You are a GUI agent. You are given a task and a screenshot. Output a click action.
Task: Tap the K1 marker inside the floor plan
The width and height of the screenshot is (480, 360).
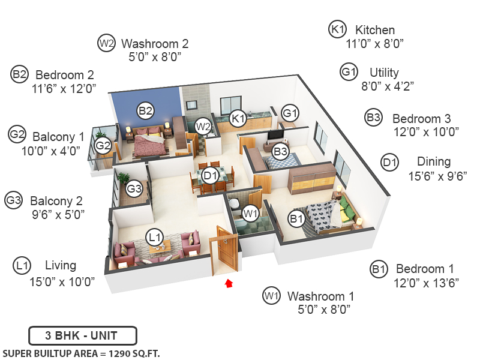tap(238, 118)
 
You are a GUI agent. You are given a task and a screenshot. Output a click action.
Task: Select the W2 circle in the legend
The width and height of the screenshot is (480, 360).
tap(107, 43)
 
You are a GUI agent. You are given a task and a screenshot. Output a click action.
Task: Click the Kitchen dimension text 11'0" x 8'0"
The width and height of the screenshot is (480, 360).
tap(375, 43)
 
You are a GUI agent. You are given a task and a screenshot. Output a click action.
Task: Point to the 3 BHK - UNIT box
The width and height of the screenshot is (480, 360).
tap(82, 335)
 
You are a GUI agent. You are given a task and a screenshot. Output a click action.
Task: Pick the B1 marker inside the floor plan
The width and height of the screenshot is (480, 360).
tap(296, 220)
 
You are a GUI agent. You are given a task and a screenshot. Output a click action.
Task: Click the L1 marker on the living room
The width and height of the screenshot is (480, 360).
tap(155, 238)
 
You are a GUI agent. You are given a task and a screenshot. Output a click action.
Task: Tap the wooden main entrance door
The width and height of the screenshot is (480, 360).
tap(227, 252)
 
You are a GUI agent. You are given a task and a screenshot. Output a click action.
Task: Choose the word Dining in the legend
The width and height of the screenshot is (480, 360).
tap(434, 161)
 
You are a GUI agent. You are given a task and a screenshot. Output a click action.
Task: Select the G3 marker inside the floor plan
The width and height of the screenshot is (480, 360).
tap(134, 190)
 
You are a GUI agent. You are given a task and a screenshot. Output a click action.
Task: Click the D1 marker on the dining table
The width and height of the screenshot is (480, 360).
tap(210, 176)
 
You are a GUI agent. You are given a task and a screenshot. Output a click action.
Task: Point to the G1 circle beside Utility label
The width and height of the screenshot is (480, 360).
tap(349, 72)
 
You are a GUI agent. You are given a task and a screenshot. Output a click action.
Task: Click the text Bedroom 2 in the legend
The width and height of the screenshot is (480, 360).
tap(64, 75)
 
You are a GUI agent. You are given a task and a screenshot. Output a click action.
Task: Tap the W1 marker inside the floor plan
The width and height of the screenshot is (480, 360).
tap(251, 212)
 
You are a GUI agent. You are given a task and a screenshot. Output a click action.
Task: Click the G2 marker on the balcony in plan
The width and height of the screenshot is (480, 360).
tap(103, 145)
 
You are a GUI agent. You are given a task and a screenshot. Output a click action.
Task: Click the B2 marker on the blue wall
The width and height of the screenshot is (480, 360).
tap(146, 110)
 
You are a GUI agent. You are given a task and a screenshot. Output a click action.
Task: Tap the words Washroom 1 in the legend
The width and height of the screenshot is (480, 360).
tap(320, 296)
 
